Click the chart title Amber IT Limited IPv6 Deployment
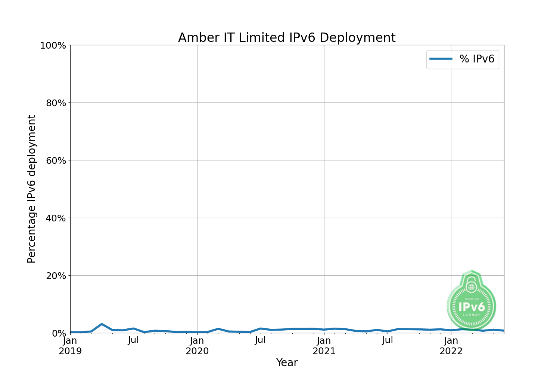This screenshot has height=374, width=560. pos(287,38)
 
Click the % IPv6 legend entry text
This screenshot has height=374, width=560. pos(477,59)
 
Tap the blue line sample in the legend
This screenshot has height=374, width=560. pos(441,59)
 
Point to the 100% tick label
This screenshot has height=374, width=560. pos(53,46)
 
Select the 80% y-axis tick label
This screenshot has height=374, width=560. pos(56,103)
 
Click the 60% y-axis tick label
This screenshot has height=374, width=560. pos(56,160)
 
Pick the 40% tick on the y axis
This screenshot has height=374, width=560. pos(56,218)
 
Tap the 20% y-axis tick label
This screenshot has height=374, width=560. pos(56,276)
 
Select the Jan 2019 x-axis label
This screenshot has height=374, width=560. pos(70,346)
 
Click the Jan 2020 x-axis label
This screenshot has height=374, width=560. pos(197,346)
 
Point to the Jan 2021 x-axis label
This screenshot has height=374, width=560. pos(324,346)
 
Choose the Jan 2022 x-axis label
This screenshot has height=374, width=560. pos(451,346)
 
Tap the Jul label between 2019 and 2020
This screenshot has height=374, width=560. pos(133,340)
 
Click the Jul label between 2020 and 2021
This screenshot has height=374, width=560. pos(260,340)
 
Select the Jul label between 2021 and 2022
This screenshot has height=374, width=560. pos(388,340)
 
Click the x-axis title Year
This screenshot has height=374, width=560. pos(287,362)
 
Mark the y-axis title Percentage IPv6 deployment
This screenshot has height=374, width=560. pos(32,189)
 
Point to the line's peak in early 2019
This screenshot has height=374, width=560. pos(102,324)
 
